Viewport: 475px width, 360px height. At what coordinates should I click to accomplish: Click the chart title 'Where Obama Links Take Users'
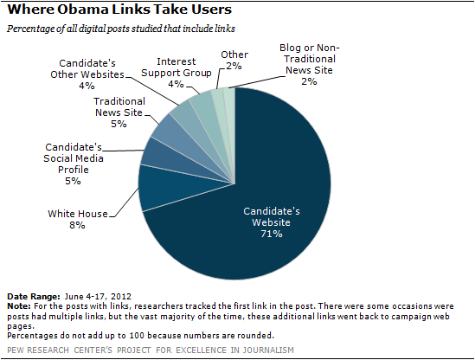[x=119, y=10]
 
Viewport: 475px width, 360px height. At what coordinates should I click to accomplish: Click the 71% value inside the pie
[x=272, y=234]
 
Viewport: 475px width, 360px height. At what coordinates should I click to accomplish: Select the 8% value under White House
[x=77, y=225]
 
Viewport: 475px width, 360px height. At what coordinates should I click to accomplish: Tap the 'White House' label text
[x=78, y=214]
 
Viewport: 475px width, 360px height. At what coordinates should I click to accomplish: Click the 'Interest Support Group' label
[x=176, y=67]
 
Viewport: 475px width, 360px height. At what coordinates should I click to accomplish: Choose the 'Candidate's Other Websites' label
[x=87, y=68]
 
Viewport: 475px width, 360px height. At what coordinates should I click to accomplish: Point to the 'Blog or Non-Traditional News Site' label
[x=309, y=59]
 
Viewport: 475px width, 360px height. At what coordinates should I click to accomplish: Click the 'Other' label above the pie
[x=234, y=55]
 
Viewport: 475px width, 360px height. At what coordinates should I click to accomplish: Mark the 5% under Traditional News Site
[x=119, y=124]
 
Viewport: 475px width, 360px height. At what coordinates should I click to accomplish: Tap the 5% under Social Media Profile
[x=73, y=181]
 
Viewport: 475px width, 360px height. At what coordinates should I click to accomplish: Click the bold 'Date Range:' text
[x=34, y=296]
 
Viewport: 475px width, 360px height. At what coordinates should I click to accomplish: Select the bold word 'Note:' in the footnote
[x=19, y=306]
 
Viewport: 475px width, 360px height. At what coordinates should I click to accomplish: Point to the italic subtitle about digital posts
[x=121, y=29]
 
